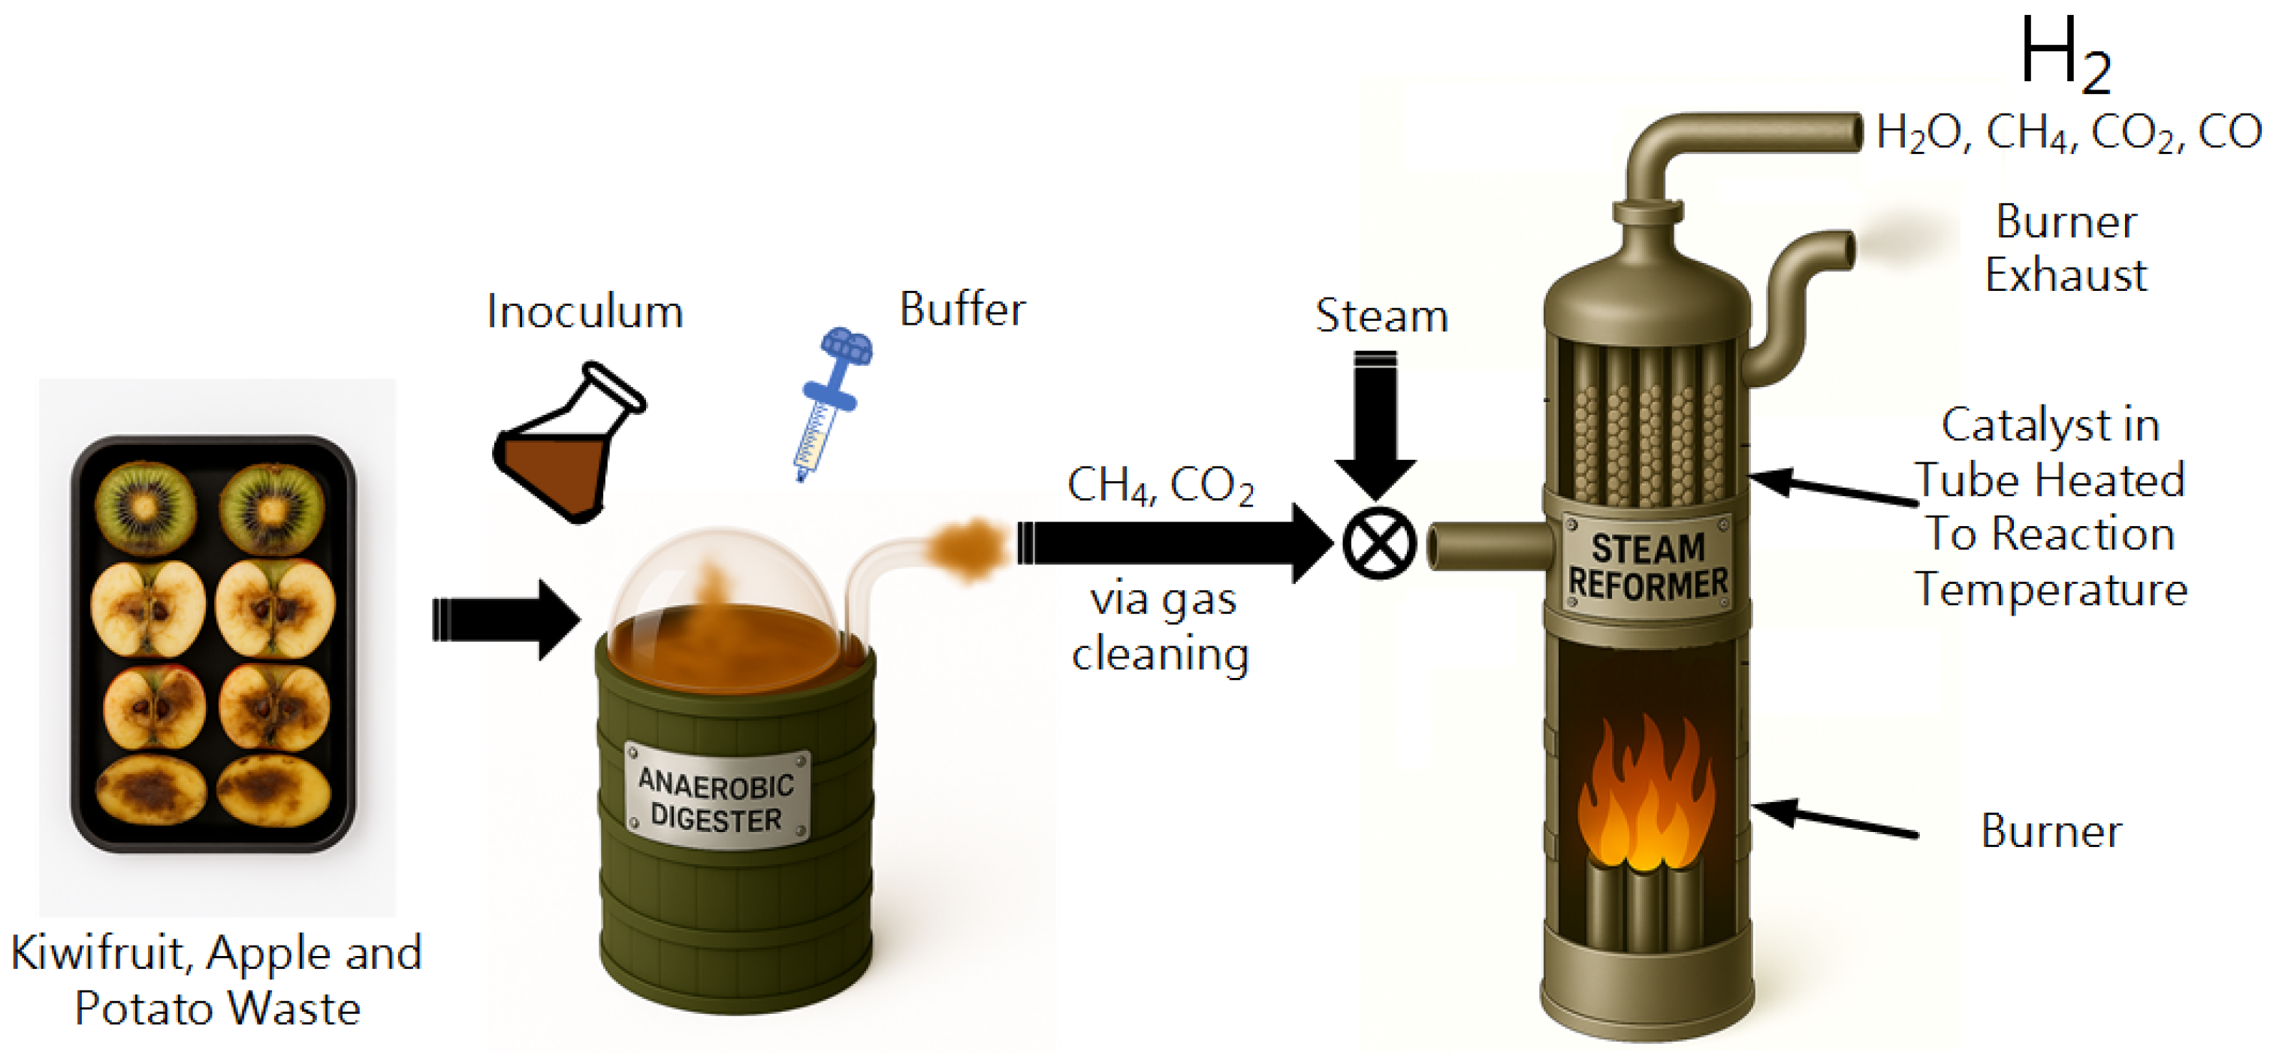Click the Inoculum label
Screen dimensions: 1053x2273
pyautogui.click(x=585, y=312)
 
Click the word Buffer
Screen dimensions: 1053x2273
pyautogui.click(x=961, y=310)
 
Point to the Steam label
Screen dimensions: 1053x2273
pyautogui.click(x=1381, y=316)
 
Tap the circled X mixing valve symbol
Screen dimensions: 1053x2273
pyautogui.click(x=1379, y=543)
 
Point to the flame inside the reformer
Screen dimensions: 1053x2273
pyautogui.click(x=1647, y=799)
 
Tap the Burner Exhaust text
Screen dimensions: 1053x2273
pyautogui.click(x=2066, y=248)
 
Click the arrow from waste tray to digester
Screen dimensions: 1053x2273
pyautogui.click(x=505, y=619)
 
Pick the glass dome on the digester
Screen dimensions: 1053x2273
pyautogui.click(x=722, y=587)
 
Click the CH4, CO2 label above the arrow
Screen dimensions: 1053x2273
pyautogui.click(x=1160, y=486)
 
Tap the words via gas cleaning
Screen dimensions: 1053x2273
pyautogui.click(x=1161, y=627)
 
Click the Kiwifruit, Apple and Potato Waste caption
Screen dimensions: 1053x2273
pyautogui.click(x=217, y=980)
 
